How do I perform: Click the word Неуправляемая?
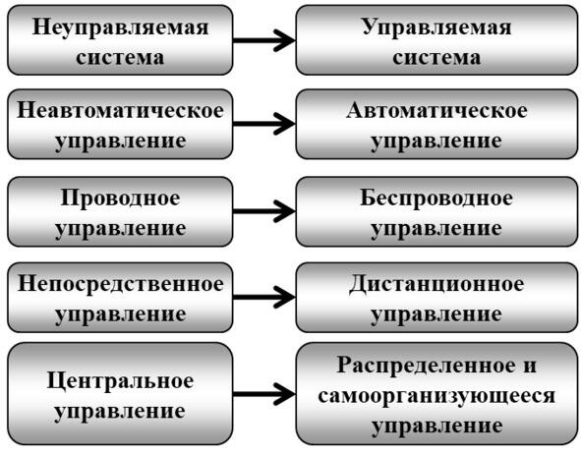pyautogui.click(x=120, y=28)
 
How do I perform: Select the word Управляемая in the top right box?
pyautogui.click(x=436, y=28)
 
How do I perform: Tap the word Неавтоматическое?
pyautogui.click(x=120, y=110)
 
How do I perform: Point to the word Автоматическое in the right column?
pyautogui.click(x=436, y=110)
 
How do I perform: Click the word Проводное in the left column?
pyautogui.click(x=120, y=199)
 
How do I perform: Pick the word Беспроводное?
pyautogui.click(x=436, y=199)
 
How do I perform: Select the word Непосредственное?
pyautogui.click(x=120, y=284)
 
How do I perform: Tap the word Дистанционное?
pyautogui.click(x=436, y=284)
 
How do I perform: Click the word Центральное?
pyautogui.click(x=120, y=381)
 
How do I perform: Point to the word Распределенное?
pyautogui.click(x=426, y=366)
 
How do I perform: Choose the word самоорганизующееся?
pyautogui.click(x=436, y=396)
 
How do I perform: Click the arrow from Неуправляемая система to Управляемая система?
pyautogui.click(x=264, y=40)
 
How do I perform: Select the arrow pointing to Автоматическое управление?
pyautogui.click(x=264, y=124)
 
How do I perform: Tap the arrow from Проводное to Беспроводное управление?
pyautogui.click(x=264, y=211)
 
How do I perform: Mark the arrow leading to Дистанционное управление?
pyautogui.click(x=264, y=297)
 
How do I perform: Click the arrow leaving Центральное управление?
pyautogui.click(x=264, y=394)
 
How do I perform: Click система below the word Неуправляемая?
pyautogui.click(x=120, y=58)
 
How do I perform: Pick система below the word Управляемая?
pyautogui.click(x=436, y=58)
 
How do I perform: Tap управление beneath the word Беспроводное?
pyautogui.click(x=436, y=229)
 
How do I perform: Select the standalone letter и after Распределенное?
pyautogui.click(x=530, y=367)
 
